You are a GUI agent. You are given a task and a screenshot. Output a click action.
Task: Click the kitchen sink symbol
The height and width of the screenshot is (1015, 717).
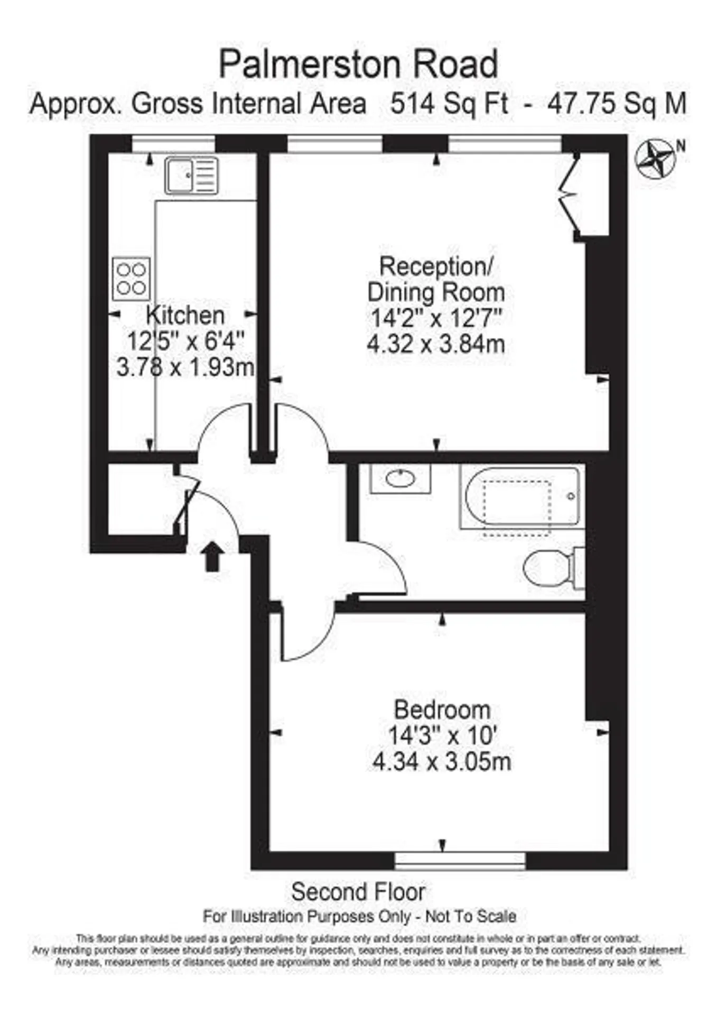click(191, 175)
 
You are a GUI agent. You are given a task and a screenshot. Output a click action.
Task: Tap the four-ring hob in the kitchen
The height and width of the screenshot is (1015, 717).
click(131, 279)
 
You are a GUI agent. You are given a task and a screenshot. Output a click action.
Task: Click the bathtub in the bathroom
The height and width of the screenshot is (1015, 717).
click(522, 497)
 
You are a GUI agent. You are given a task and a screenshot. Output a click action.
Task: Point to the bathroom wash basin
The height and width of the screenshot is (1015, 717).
click(400, 479)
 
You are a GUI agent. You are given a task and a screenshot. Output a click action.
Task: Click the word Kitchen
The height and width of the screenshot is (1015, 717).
click(185, 316)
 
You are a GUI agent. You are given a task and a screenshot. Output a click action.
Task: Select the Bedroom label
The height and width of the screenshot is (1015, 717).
click(442, 709)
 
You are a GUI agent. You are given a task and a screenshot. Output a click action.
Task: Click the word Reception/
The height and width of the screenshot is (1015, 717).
click(436, 266)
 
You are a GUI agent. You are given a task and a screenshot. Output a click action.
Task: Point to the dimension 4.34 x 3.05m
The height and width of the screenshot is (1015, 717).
click(442, 762)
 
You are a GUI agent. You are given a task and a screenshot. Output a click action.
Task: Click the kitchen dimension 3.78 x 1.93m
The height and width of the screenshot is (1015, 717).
click(185, 367)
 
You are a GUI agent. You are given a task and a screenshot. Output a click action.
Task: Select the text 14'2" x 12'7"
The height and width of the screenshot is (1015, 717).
click(436, 318)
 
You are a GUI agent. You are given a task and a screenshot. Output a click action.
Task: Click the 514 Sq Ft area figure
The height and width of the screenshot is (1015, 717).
click(449, 104)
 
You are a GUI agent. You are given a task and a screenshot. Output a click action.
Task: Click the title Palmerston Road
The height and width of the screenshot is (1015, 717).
click(358, 64)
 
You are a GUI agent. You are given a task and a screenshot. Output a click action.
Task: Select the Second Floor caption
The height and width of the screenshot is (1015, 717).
click(358, 892)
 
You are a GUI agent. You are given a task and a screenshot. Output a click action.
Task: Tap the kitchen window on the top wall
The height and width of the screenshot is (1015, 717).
click(173, 143)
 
